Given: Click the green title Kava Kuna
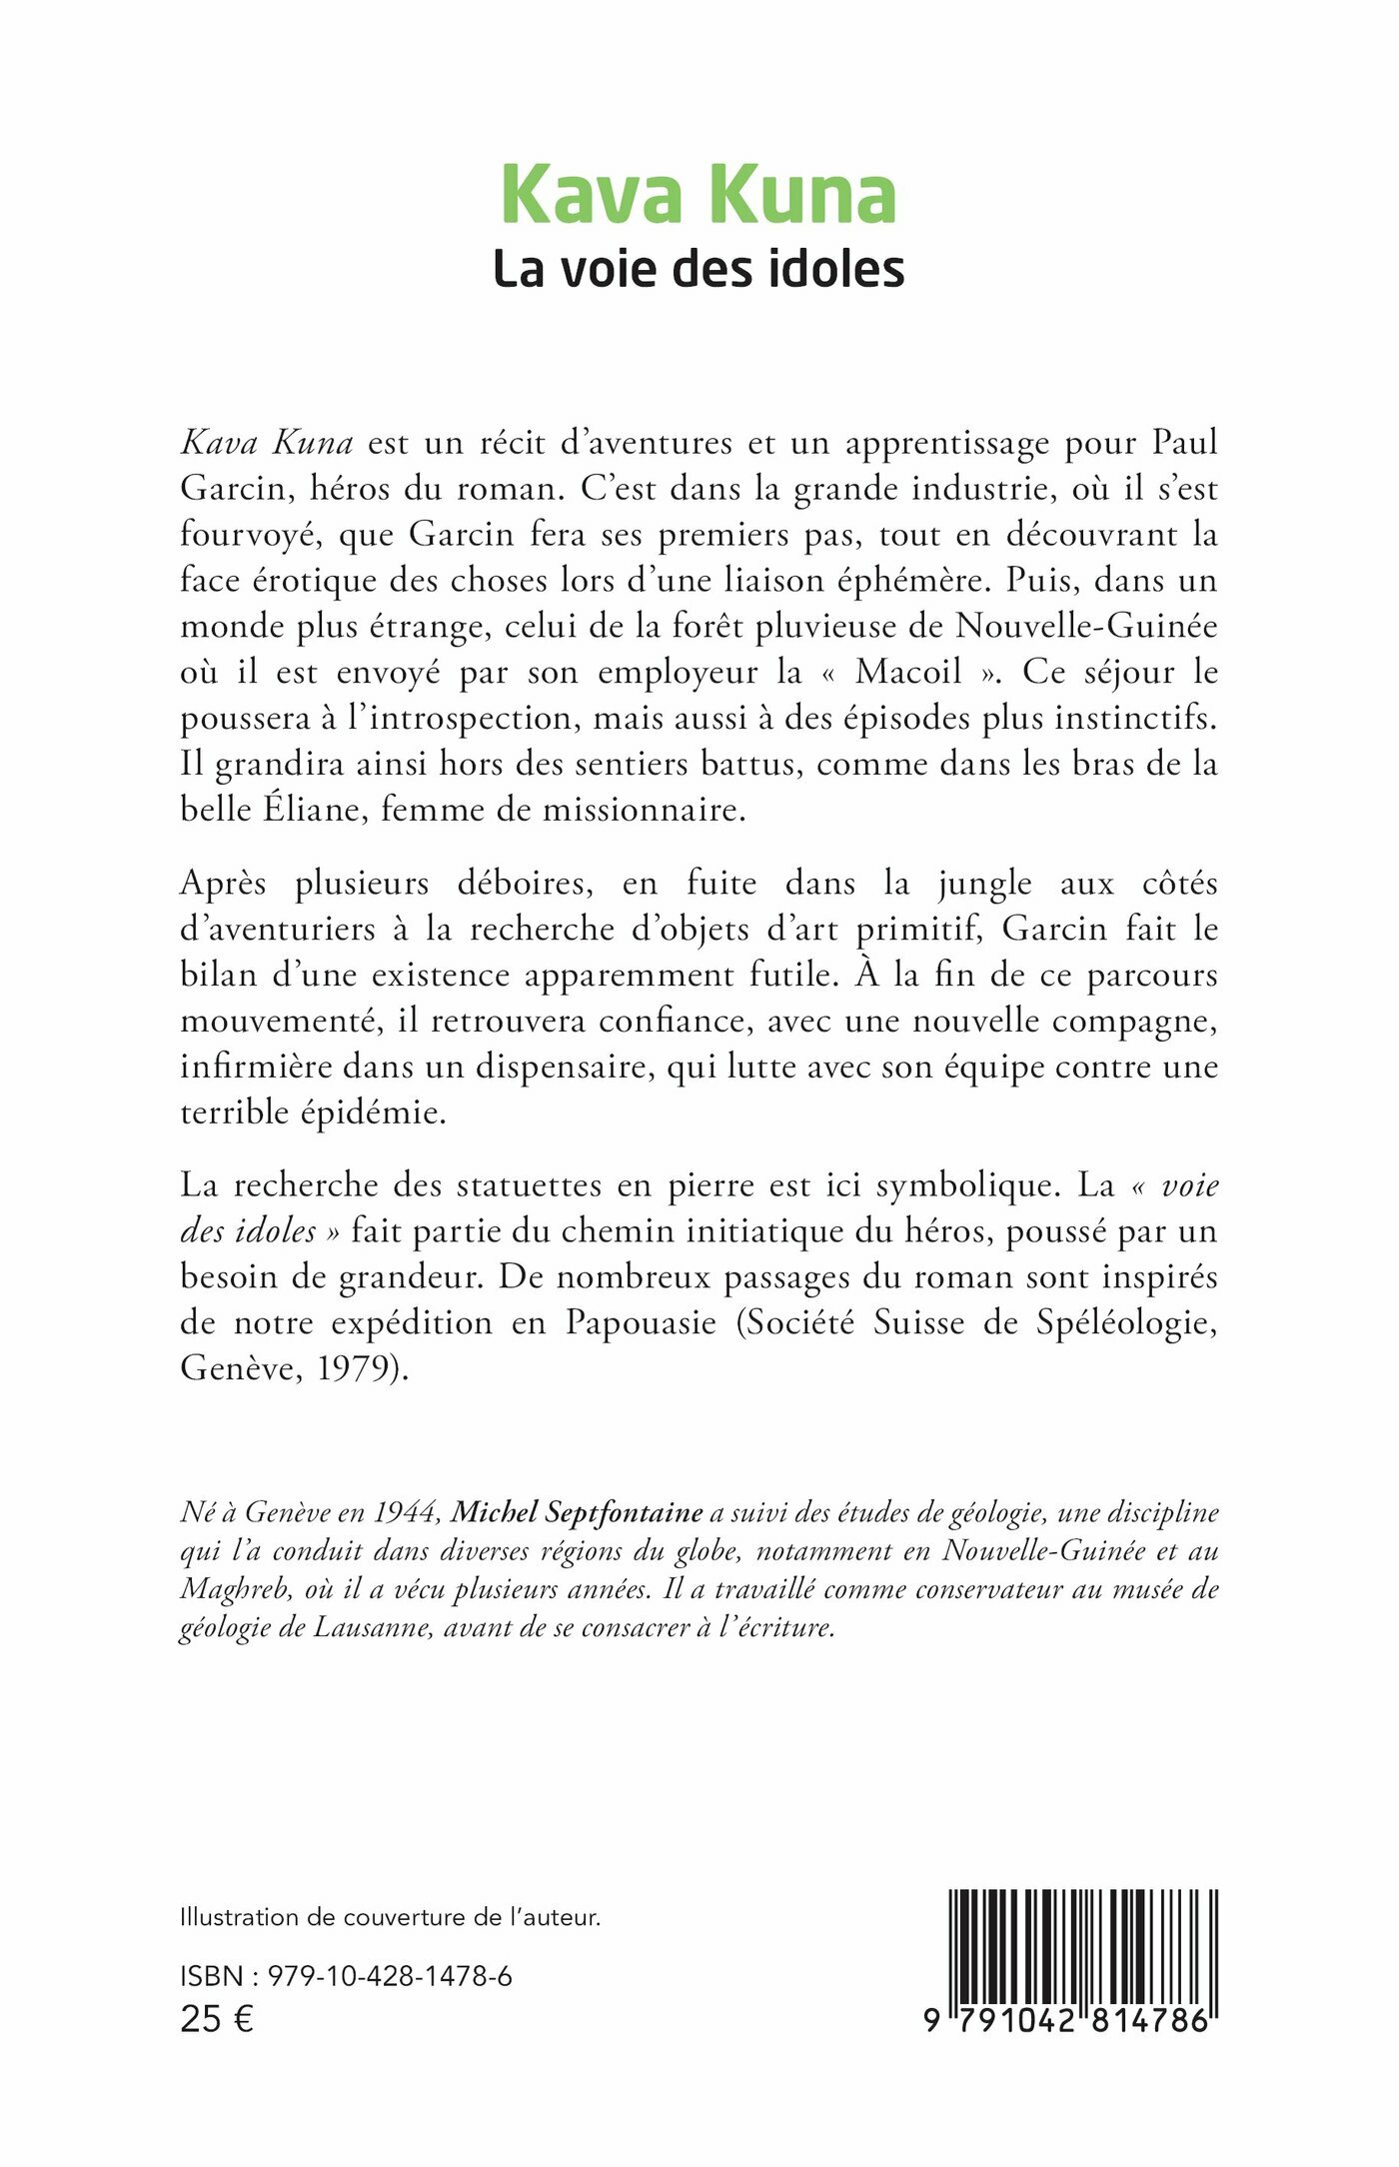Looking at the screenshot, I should coord(699,195).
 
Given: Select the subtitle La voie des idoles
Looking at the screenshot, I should coord(699,270).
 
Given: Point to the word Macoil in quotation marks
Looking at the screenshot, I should coord(908,672).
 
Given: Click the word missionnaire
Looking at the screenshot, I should coord(644,810).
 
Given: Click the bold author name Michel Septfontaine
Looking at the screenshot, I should coord(578,1513).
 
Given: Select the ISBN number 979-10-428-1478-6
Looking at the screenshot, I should coord(391,1976).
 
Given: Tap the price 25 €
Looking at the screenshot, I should coord(217,2019).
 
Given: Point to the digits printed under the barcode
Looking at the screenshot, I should coord(1067,2020).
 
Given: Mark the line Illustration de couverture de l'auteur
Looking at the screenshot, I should coord(390,1917).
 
